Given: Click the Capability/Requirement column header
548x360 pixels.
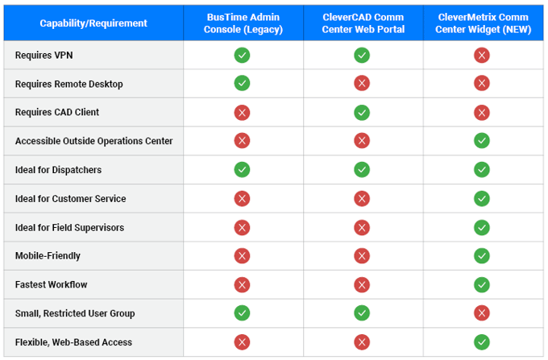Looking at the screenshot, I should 93,23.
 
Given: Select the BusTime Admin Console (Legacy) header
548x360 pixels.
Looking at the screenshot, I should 243,23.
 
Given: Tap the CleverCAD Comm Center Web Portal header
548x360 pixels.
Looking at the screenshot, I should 363,23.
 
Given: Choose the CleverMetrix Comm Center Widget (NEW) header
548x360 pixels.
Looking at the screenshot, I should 482,23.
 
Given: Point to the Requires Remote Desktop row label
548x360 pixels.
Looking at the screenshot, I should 68,84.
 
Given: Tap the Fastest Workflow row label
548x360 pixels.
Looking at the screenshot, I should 52,284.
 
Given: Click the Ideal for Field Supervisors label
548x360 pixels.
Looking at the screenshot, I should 70,227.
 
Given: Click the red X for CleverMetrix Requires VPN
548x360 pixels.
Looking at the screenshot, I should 482,56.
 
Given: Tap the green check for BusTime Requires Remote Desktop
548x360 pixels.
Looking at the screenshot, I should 243,84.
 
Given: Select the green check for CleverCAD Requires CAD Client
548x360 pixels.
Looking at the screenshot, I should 363,113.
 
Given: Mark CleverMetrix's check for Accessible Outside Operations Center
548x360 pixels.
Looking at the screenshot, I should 482,141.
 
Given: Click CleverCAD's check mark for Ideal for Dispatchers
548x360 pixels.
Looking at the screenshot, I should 363,170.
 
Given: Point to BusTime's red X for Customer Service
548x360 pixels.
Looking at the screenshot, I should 243,198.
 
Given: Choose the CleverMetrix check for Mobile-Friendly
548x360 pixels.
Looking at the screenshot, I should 482,256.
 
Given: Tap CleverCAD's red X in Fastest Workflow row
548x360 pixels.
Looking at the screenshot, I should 363,284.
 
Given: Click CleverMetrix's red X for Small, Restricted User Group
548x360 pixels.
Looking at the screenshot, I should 482,313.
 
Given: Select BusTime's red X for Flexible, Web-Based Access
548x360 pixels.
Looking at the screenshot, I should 243,341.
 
